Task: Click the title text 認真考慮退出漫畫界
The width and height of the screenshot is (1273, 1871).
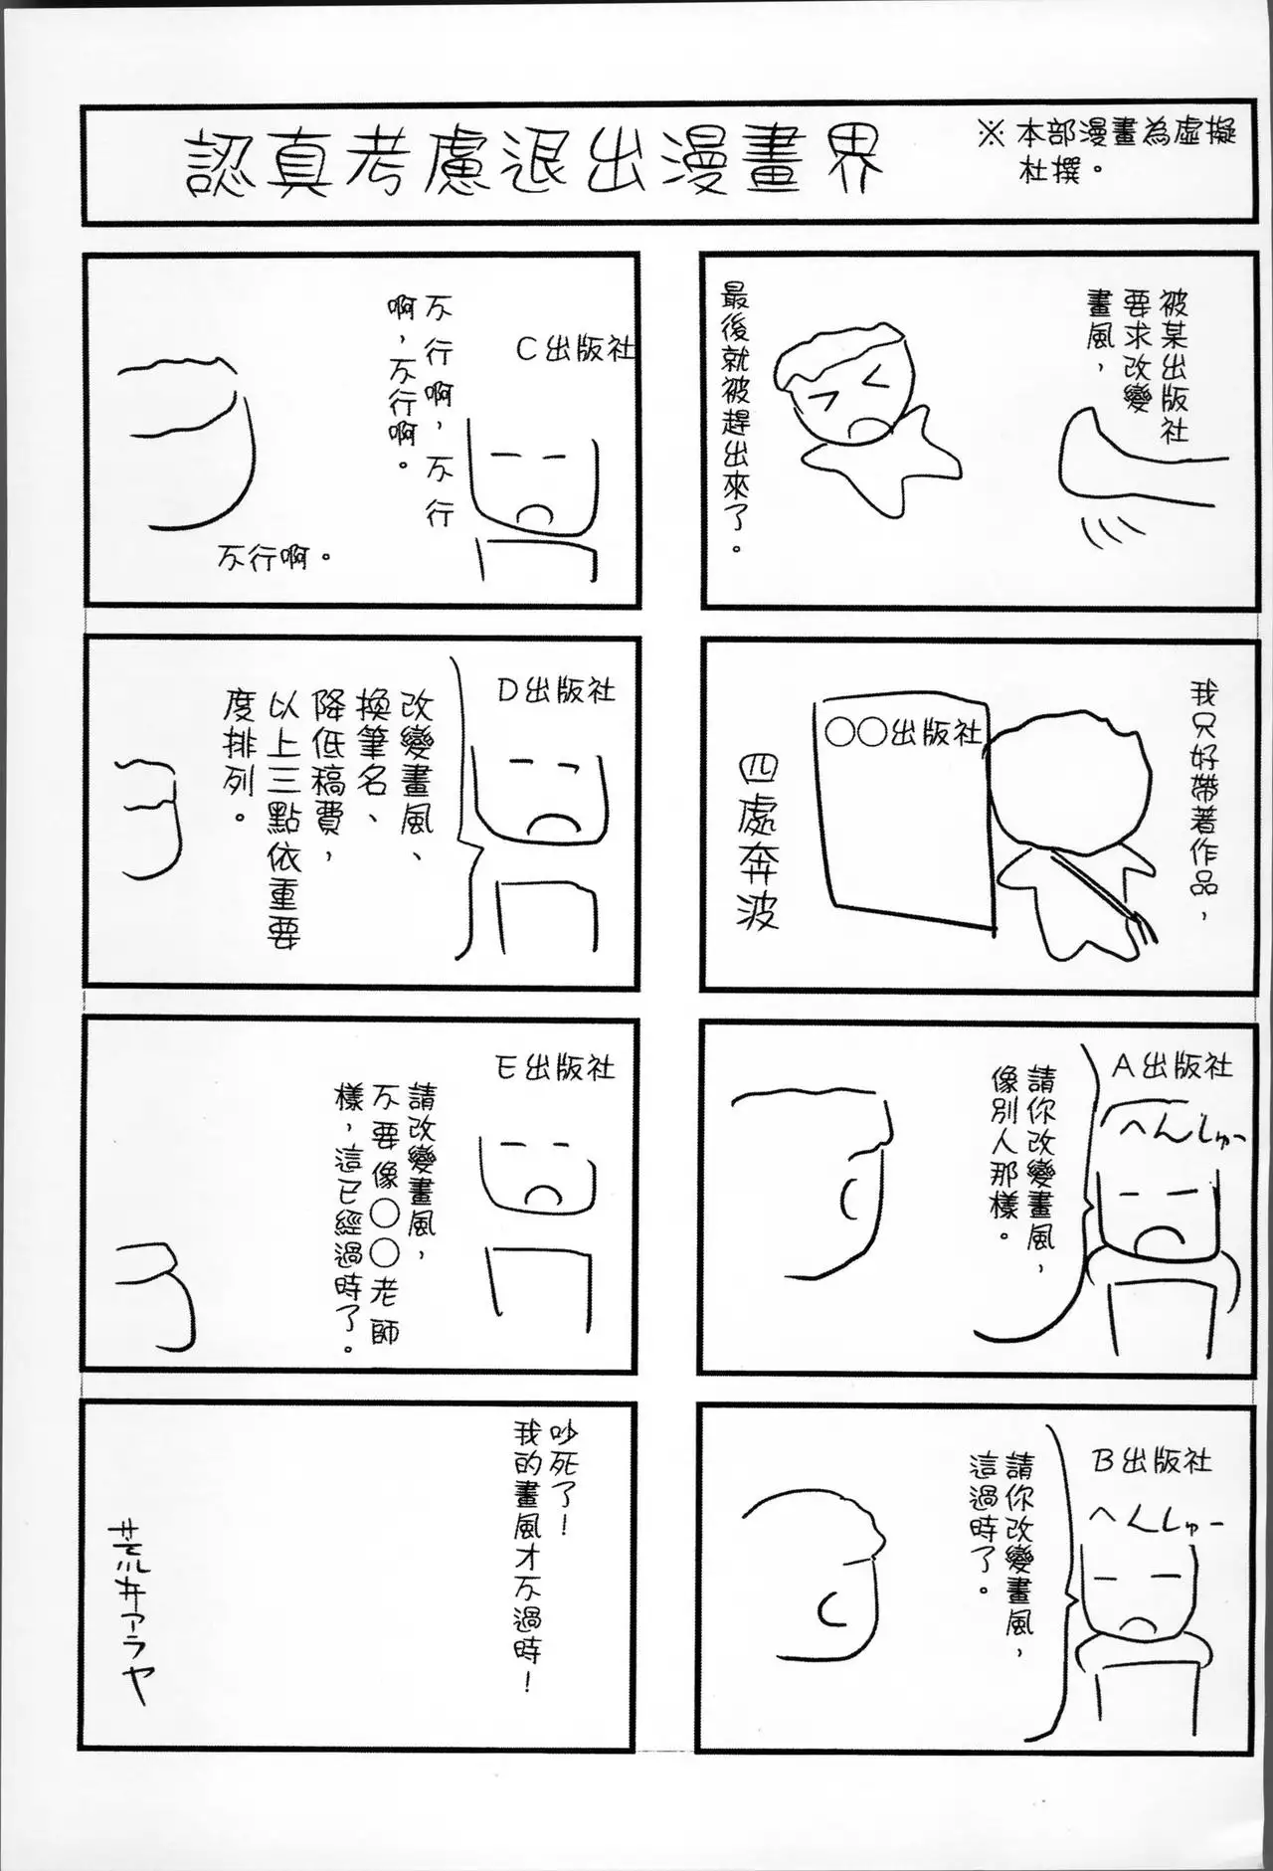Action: coord(535,163)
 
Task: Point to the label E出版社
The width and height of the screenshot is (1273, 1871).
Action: coord(555,1068)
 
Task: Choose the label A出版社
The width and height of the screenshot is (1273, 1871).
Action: coord(1171,1066)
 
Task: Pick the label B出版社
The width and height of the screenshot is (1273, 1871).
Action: coord(1153,1460)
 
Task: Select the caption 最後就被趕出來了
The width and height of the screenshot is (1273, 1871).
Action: coord(738,418)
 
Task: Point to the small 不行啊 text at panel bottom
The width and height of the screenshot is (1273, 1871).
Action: coord(273,558)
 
